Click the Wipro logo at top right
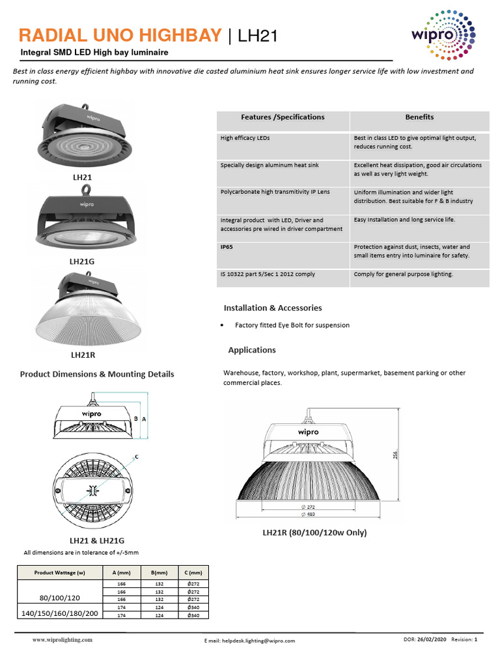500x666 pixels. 443,36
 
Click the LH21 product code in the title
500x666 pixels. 258,36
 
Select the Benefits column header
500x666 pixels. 419,117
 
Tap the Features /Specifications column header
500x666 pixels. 283,117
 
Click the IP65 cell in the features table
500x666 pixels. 227,247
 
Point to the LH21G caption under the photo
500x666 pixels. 82,261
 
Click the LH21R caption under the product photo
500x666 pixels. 83,356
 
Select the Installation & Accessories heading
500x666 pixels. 273,308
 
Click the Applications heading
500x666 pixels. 252,350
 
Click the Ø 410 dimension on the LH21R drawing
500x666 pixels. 308,514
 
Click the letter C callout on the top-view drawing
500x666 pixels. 137,457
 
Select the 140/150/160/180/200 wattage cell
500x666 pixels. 60,613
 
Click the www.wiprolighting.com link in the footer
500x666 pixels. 62,640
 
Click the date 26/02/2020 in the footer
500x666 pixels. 433,640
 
